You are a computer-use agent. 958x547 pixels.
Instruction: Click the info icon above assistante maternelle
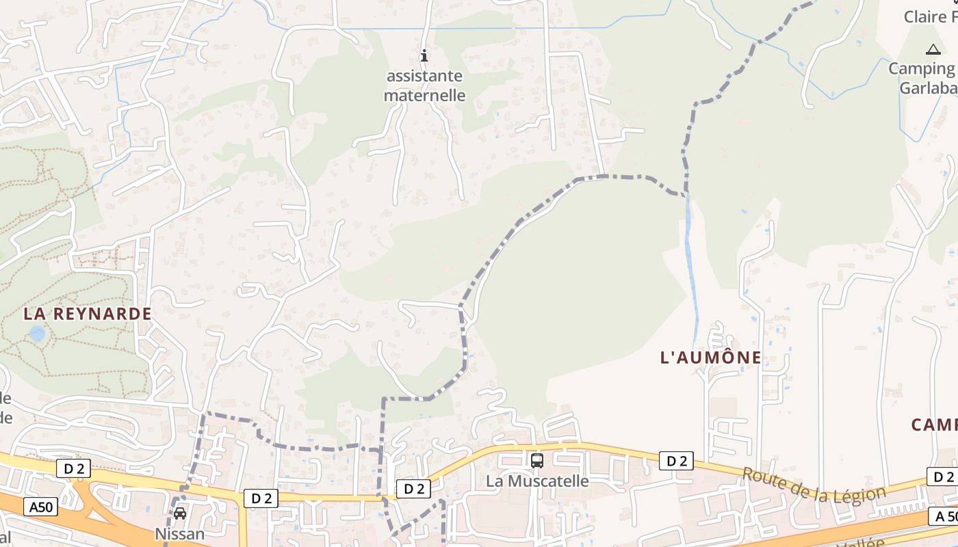tap(424, 55)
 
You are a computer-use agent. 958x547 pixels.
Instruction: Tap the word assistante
tap(424, 76)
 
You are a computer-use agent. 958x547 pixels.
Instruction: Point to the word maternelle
tap(424, 95)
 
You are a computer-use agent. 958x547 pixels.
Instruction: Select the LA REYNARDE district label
tap(88, 314)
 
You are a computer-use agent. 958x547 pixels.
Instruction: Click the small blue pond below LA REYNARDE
tap(37, 334)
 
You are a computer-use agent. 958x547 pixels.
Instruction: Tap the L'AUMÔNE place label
tap(711, 357)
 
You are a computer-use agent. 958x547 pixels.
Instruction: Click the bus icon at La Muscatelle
tap(537, 460)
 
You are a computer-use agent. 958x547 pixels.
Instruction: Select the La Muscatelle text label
tap(537, 481)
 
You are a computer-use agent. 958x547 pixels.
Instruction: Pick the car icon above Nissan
tap(180, 513)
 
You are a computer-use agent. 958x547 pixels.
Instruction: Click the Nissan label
tap(180, 533)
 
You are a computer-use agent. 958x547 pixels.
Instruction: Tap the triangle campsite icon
tap(933, 49)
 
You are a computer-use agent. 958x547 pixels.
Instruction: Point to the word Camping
tap(922, 68)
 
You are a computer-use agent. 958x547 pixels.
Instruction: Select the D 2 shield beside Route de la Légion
tap(677, 462)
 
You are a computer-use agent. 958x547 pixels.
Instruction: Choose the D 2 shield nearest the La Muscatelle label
tap(414, 488)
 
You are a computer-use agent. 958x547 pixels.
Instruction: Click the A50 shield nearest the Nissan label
tap(41, 507)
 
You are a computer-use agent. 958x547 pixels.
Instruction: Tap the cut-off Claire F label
tap(931, 16)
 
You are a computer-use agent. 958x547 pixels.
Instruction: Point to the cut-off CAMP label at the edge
tap(934, 425)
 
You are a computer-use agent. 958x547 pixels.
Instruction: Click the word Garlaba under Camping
tap(927, 88)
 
